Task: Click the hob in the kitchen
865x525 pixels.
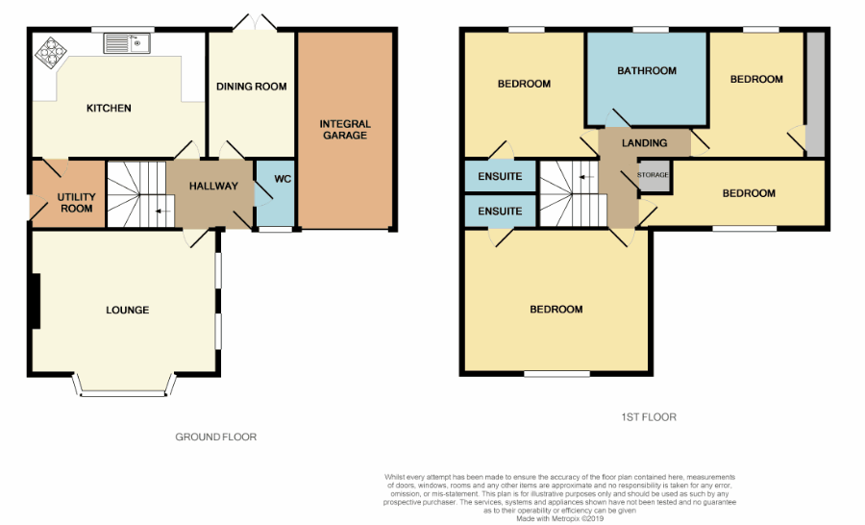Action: (51, 53)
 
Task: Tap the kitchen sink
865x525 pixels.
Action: (127, 43)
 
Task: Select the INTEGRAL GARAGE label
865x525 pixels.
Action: (345, 129)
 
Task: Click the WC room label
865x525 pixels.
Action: (283, 179)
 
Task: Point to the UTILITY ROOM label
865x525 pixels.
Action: (76, 203)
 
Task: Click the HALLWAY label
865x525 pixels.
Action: (213, 186)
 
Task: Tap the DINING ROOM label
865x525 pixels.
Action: (251, 87)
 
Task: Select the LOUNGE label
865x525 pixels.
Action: (128, 311)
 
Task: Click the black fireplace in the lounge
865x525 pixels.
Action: (36, 301)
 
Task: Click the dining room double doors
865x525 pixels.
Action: (255, 22)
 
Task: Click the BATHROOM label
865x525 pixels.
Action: (647, 70)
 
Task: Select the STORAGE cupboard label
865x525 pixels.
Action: (653, 175)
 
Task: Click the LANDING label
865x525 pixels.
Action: (644, 143)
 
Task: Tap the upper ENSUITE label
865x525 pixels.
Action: (500, 176)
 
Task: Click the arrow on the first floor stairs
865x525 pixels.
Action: (586, 177)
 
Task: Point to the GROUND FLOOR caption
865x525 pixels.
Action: (215, 437)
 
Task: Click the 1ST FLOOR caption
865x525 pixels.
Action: (649, 417)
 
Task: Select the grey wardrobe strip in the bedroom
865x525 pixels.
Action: (815, 94)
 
